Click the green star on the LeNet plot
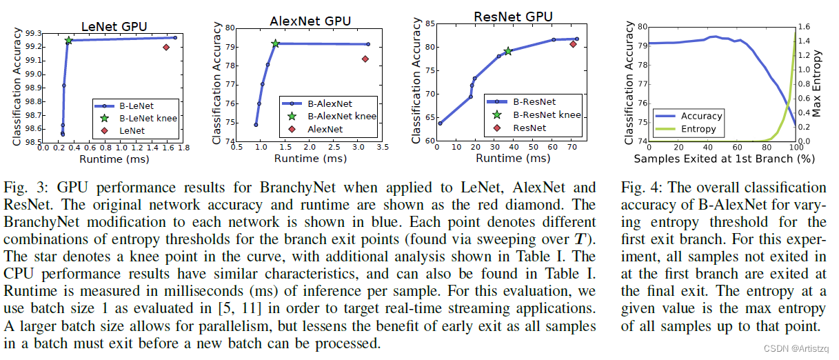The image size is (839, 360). pyautogui.click(x=69, y=41)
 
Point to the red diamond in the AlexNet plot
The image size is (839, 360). pyautogui.click(x=365, y=59)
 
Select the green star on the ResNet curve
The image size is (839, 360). pyautogui.click(x=508, y=51)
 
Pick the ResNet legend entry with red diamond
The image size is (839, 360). pyautogui.click(x=529, y=128)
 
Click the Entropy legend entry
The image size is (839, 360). pyautogui.click(x=698, y=129)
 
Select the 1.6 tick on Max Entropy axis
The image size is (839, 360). pyautogui.click(x=807, y=26)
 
